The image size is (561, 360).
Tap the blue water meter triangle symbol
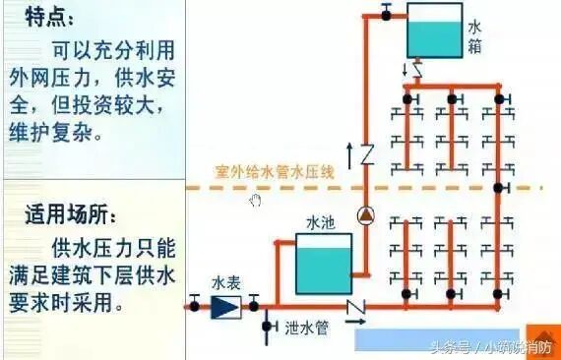tap(224, 306)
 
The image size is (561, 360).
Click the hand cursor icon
tap(255, 201)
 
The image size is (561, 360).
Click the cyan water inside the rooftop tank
tap(433, 42)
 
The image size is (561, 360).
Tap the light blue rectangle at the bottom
tap(434, 338)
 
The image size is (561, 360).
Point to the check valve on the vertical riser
tap(366, 155)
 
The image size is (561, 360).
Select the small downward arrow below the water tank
tap(405, 68)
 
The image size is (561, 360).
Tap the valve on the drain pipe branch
tap(266, 326)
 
